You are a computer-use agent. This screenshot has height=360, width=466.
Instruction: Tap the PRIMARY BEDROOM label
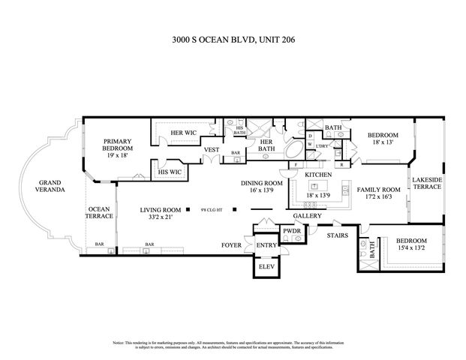[x=118, y=144]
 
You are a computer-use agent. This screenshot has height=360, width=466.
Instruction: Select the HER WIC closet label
[x=183, y=133]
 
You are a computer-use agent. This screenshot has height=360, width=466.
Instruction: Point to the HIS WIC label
[x=170, y=172]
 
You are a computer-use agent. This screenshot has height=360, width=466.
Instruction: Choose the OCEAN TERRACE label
[x=100, y=212]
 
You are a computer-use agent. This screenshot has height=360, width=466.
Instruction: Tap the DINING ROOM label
[x=261, y=183]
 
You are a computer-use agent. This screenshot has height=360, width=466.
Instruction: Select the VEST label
[x=211, y=149]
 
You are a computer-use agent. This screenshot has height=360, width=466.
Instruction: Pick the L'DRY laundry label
[x=322, y=145]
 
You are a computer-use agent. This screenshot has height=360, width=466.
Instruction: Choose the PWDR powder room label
[x=292, y=230]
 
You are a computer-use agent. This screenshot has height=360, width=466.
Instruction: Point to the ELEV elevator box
[x=266, y=266]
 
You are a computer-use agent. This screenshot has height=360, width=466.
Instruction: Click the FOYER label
[x=230, y=245]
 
